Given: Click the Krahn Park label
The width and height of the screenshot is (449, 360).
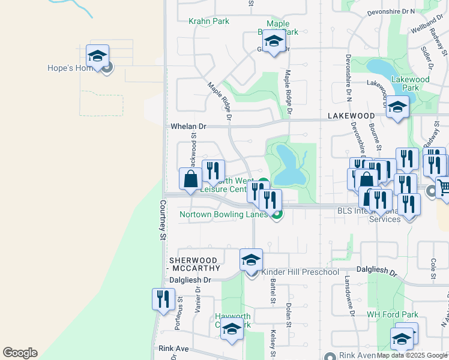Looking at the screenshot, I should [x=209, y=22].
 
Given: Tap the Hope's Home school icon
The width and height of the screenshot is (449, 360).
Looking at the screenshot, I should [x=97, y=56].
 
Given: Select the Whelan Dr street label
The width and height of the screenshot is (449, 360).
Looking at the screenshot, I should [x=188, y=127].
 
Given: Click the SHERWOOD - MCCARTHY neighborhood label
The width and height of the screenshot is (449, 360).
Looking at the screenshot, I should [x=194, y=264].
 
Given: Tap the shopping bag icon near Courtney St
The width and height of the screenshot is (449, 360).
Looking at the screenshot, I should [x=190, y=179].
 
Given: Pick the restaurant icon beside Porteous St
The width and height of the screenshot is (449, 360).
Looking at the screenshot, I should [x=163, y=299].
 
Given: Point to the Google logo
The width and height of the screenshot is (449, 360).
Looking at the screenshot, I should [x=20, y=353].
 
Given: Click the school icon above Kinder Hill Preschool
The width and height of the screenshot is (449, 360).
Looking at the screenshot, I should [x=252, y=260].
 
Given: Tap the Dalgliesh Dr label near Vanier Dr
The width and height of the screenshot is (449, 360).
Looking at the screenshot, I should [x=190, y=280].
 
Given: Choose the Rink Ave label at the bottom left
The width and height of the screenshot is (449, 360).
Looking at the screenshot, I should [x=173, y=349].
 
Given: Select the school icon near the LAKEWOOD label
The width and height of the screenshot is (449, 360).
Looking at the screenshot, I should [x=397, y=107].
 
